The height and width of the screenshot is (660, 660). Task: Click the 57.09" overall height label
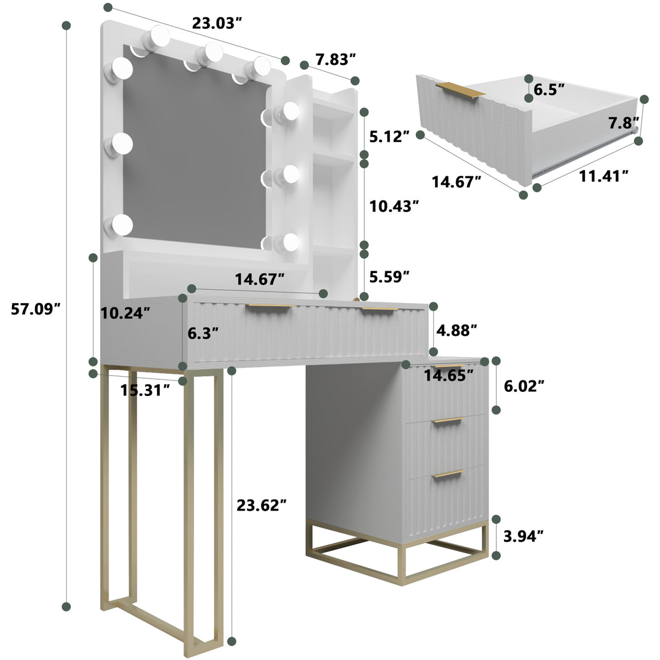pos(35,309)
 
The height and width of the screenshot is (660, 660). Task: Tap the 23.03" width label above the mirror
pos(217,23)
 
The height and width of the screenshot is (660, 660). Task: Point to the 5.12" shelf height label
pos(389,136)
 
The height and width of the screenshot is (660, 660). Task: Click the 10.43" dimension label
pos(394,206)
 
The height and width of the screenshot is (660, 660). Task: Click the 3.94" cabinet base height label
pos(523,536)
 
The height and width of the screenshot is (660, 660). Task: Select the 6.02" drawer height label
pos(523,386)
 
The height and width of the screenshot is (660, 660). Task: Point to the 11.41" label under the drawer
pos(604,175)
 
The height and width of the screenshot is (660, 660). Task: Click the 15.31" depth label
pos(145,391)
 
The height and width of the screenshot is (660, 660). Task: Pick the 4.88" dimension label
pos(457,329)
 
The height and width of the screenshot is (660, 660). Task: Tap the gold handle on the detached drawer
pos(460,89)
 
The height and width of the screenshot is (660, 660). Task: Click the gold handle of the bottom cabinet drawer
pos(449,474)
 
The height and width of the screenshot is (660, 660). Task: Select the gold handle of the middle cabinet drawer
pos(449,420)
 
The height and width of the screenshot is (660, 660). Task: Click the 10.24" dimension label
pos(125,313)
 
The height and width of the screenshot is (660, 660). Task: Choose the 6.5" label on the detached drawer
pos(549,90)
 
